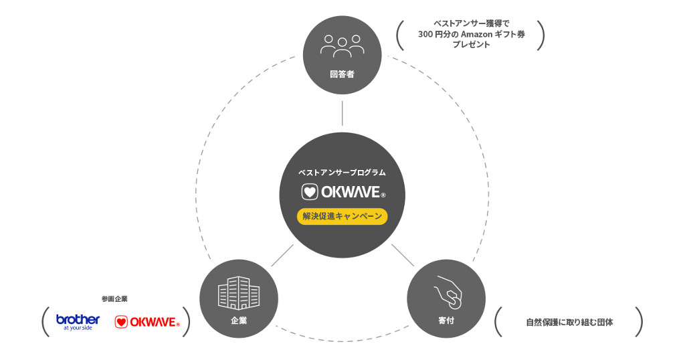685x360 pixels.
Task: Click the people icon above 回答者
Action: click(x=342, y=46)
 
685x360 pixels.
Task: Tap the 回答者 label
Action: click(x=342, y=74)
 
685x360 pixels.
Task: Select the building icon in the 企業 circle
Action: click(x=239, y=293)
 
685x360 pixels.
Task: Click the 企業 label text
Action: click(x=239, y=321)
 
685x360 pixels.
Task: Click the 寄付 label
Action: click(x=446, y=321)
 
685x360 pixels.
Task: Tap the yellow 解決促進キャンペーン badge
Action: click(x=342, y=216)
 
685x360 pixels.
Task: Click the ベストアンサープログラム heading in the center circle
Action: click(x=342, y=173)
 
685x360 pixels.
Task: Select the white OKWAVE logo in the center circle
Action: click(x=343, y=193)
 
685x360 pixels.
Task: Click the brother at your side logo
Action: click(x=78, y=322)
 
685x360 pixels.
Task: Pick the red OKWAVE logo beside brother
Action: click(x=147, y=322)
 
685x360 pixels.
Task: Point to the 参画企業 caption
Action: click(x=114, y=298)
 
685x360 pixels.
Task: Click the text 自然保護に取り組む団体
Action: click(x=569, y=322)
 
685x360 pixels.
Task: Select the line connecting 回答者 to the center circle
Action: click(x=342, y=113)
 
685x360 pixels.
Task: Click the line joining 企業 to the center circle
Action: click(x=283, y=255)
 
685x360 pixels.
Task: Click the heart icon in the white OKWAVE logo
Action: click(x=309, y=193)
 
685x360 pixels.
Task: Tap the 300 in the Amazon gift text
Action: click(x=425, y=34)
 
